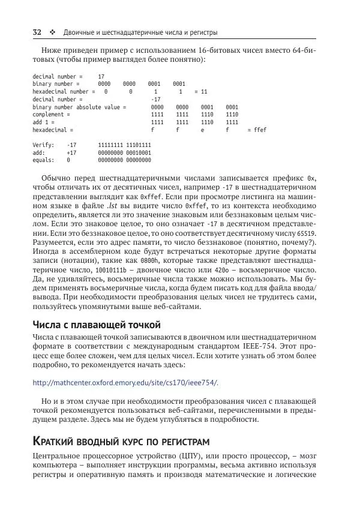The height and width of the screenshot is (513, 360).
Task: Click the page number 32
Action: tap(37, 32)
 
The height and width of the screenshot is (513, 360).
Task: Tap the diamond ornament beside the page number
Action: tap(52, 32)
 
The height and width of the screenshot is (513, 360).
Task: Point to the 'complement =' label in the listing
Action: tap(52, 114)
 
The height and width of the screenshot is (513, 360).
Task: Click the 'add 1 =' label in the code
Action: tap(44, 122)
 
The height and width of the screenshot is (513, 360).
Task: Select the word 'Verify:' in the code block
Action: tap(43, 145)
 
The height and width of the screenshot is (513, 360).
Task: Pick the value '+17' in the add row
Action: tap(71, 153)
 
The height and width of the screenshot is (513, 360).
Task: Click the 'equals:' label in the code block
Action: tap(43, 160)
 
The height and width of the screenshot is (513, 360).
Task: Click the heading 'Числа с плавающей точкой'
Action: tap(96, 325)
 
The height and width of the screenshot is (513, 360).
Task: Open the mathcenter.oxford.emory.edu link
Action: tap(125, 383)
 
